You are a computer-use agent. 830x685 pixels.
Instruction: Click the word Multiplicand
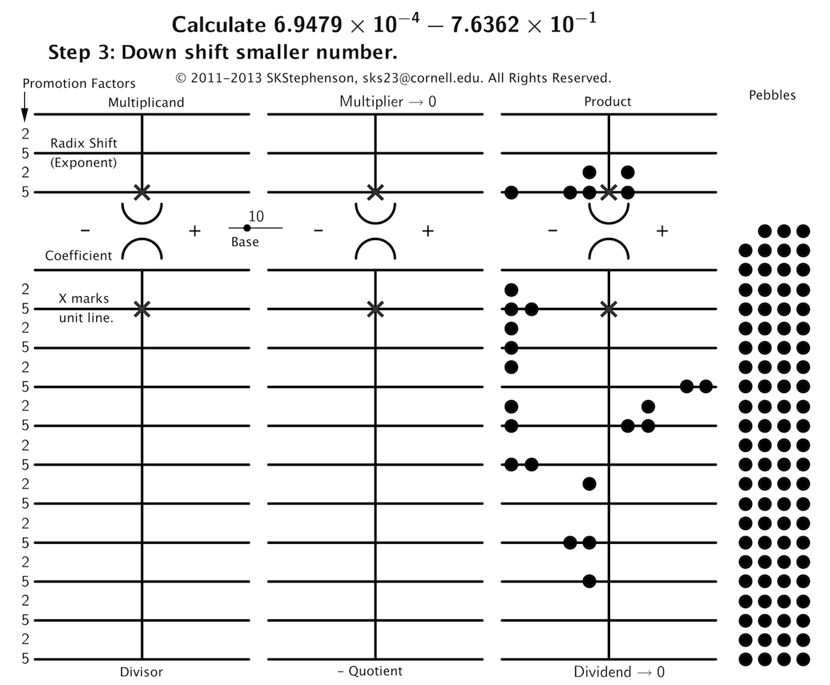(146, 102)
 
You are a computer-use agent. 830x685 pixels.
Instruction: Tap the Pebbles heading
(772, 95)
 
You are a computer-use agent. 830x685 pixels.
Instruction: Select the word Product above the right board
(607, 102)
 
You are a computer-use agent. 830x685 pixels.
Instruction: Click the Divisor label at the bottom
(142, 672)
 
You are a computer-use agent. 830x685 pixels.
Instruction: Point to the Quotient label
(376, 671)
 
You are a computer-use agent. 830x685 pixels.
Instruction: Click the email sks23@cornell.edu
(422, 78)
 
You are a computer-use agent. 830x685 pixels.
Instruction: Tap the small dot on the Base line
(247, 228)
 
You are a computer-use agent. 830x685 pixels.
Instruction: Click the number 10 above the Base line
(256, 217)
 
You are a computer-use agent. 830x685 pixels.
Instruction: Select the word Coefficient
(78, 255)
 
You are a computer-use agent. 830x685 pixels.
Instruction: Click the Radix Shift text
(84, 143)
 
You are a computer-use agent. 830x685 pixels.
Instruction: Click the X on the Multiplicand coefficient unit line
(142, 309)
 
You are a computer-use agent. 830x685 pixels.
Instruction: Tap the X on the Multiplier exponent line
(376, 192)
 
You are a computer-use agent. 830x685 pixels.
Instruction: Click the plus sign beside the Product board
(662, 231)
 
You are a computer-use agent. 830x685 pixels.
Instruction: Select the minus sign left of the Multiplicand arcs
(85, 230)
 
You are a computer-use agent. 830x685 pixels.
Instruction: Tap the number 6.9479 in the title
(308, 25)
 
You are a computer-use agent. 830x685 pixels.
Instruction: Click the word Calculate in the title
(219, 25)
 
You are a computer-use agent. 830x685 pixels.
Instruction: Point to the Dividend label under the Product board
(602, 672)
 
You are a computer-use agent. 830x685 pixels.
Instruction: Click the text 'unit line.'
(86, 318)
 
